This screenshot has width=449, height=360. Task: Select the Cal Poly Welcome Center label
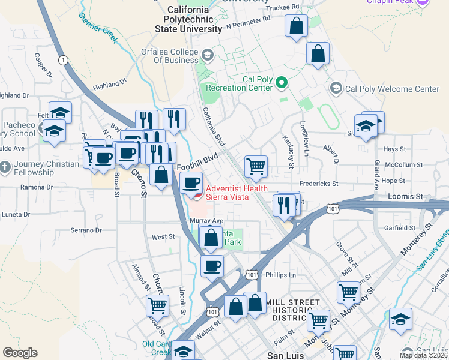click(393, 89)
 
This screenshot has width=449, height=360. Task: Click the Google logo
click(20, 353)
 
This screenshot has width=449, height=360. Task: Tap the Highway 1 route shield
click(62, 59)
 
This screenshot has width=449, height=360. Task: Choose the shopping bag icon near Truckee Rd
click(296, 26)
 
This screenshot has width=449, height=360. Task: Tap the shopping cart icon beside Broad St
click(157, 305)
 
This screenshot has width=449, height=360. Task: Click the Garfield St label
click(400, 228)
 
